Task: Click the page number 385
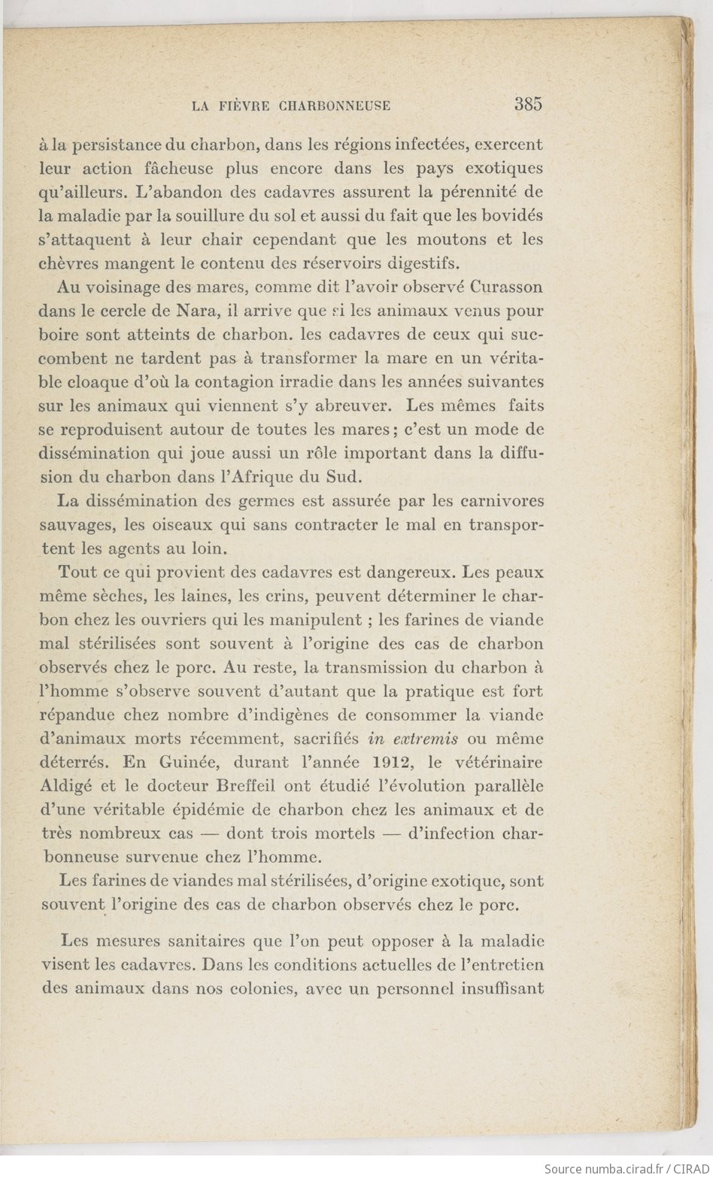click(528, 105)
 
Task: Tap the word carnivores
click(502, 501)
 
